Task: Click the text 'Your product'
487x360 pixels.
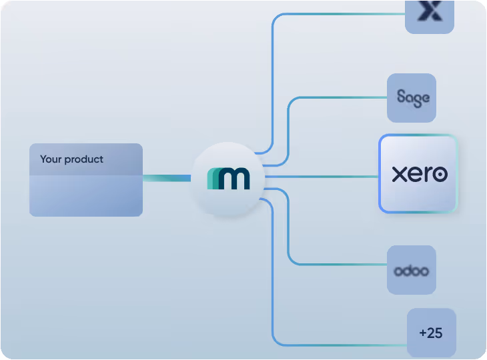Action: click(x=71, y=159)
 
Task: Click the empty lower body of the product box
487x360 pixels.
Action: click(x=85, y=196)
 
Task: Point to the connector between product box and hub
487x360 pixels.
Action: click(x=167, y=177)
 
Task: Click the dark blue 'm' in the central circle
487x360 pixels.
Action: click(x=234, y=179)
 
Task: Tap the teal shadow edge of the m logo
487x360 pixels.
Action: click(x=212, y=179)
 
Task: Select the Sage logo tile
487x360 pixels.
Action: click(x=412, y=98)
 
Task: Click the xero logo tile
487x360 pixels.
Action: click(x=418, y=174)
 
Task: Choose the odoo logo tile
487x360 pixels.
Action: click(x=412, y=270)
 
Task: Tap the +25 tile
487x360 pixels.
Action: click(x=431, y=333)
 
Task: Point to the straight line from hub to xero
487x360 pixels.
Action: click(x=320, y=177)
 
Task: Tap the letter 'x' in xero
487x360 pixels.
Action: click(x=399, y=175)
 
